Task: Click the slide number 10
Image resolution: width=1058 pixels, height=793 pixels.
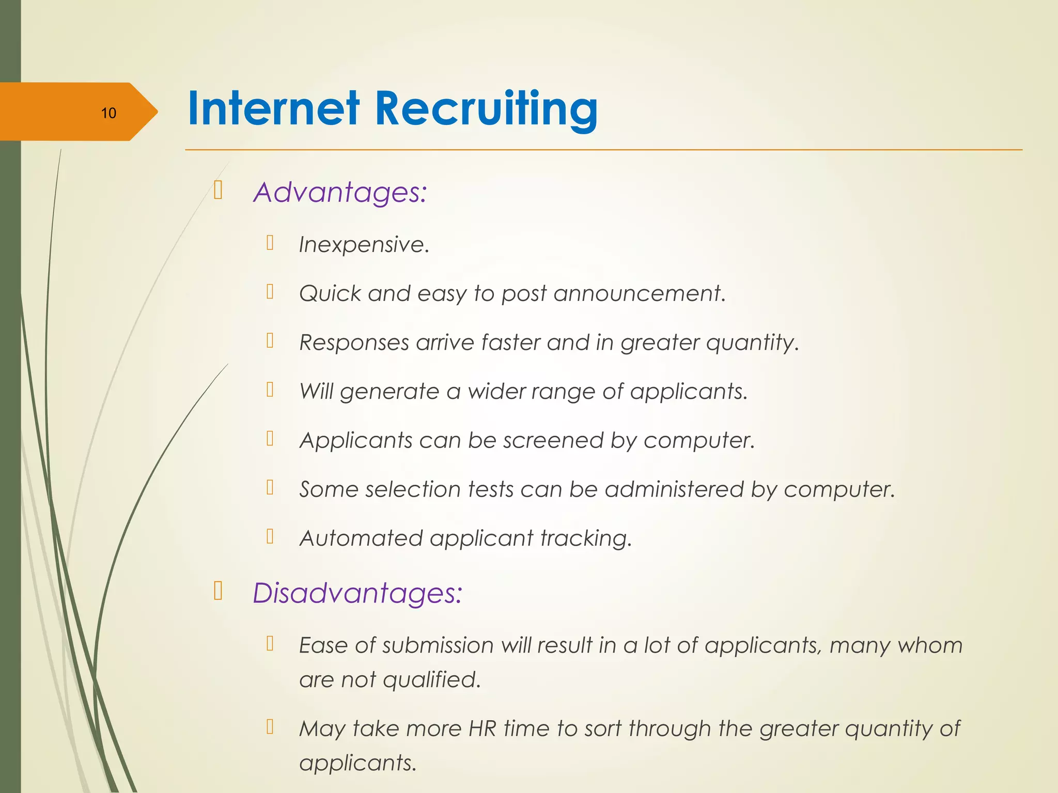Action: click(x=108, y=113)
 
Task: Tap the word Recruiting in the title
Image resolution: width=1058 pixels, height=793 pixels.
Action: click(x=486, y=110)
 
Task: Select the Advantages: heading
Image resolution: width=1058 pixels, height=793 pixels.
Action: click(x=340, y=192)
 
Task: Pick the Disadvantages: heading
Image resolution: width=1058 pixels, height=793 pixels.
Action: click(x=357, y=593)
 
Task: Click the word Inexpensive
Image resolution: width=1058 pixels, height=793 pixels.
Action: click(x=364, y=245)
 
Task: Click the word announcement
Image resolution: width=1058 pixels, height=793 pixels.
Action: click(x=640, y=294)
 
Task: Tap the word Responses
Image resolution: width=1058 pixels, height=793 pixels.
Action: click(x=354, y=343)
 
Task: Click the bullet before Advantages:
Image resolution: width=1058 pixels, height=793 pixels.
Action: click(x=218, y=191)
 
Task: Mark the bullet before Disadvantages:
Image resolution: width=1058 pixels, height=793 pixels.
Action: click(x=218, y=591)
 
